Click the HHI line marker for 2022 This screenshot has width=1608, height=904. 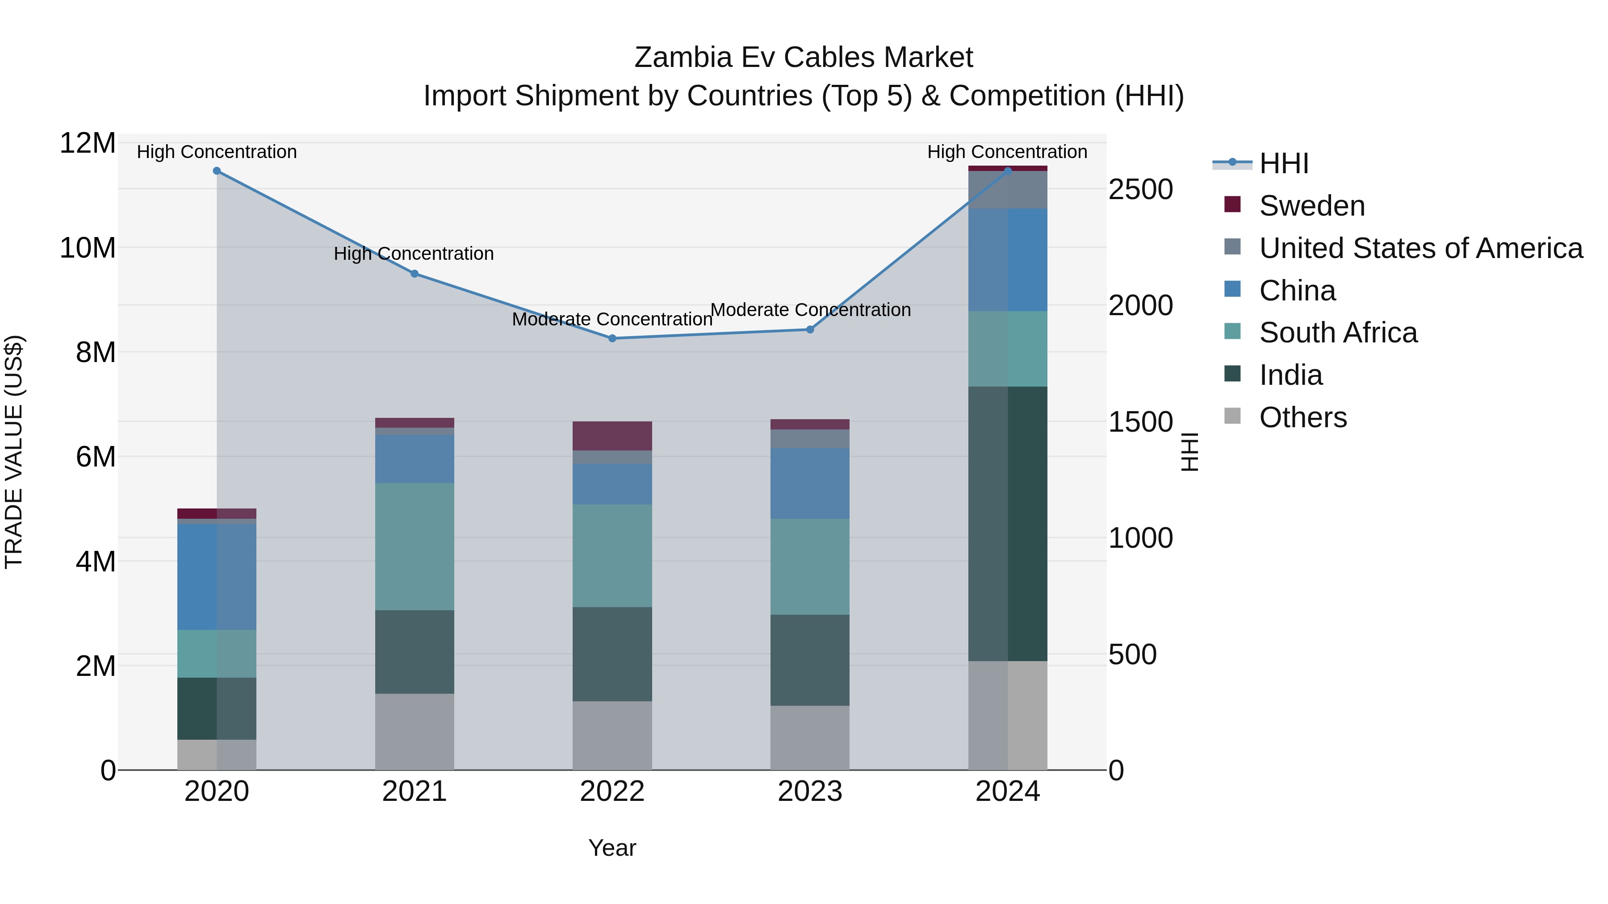[612, 338]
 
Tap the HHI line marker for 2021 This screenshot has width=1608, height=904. [415, 273]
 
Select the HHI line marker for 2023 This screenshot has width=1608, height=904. [810, 329]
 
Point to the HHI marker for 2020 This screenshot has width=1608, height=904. [217, 171]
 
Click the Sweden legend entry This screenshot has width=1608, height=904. [1311, 206]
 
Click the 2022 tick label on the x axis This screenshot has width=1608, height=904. [612, 792]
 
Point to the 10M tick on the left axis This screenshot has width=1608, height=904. [88, 248]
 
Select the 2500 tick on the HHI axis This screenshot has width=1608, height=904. [1140, 190]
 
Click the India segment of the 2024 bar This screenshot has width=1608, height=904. [1008, 524]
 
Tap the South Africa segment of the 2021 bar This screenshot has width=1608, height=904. [415, 546]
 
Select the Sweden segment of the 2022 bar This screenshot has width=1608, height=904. [612, 435]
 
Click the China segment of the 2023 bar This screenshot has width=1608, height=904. [810, 483]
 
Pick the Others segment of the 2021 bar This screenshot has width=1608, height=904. [415, 731]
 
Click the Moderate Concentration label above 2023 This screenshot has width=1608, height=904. [810, 310]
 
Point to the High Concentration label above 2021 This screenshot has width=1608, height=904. [414, 254]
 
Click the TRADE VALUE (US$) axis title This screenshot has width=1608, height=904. [14, 452]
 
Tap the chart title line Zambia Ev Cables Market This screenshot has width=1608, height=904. [804, 58]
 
